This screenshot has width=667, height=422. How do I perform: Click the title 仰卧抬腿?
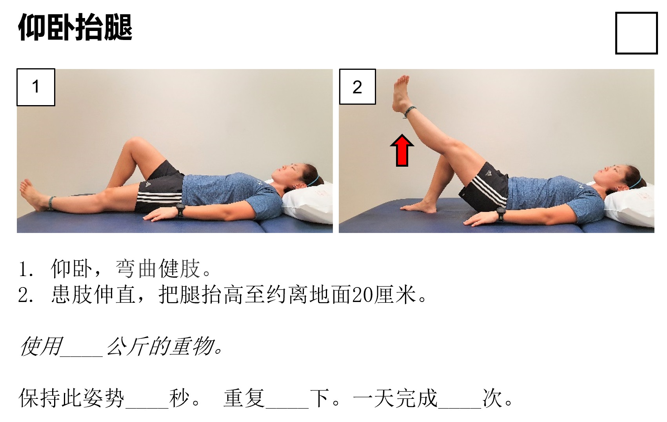point(75,27)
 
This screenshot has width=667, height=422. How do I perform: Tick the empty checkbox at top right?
point(636,33)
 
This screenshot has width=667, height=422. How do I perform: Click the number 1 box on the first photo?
point(36,87)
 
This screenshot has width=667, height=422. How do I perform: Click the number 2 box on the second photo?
point(357,87)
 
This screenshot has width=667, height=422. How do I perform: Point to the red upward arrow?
point(402,151)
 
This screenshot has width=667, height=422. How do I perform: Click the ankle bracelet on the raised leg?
point(410,112)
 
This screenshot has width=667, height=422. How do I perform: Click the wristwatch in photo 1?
point(180,210)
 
